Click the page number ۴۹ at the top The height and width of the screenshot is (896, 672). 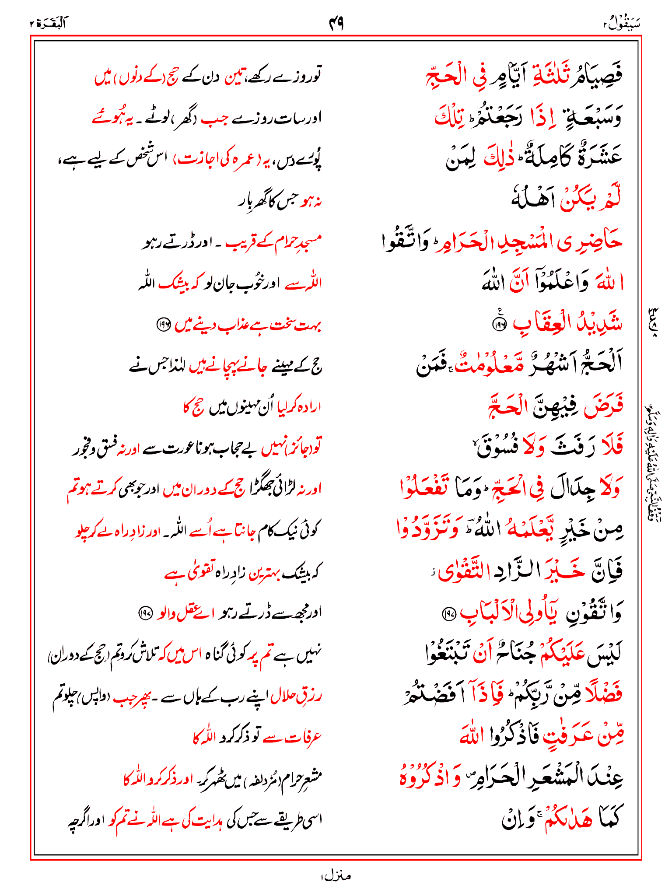click(336, 23)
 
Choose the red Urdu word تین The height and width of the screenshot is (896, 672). click(236, 77)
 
